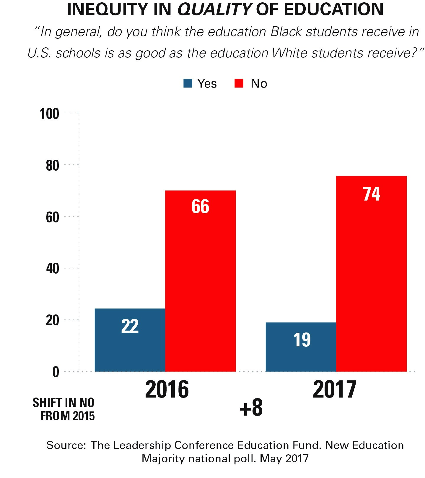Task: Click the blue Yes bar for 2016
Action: [130, 340]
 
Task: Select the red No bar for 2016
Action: [200, 281]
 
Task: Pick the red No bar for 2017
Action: [371, 274]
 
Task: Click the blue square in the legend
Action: [188, 83]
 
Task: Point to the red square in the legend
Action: [239, 83]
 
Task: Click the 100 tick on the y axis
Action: [50, 114]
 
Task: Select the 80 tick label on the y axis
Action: [53, 166]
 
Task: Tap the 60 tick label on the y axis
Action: [53, 217]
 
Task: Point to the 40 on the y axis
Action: [53, 269]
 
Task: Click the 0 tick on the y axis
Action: [56, 372]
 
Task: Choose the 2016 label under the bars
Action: [167, 389]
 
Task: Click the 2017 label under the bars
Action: [335, 389]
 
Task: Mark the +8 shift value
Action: [251, 408]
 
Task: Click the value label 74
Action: [372, 194]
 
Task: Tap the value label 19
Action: [302, 340]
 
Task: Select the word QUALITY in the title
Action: [214, 9]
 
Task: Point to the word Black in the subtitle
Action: [286, 32]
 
